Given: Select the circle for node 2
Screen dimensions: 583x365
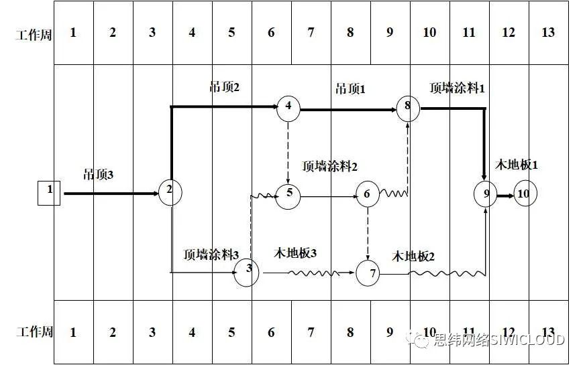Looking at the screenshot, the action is point(170,192).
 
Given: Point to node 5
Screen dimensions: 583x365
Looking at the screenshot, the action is point(288,194).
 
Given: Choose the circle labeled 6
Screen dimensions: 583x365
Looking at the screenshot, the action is point(367,194).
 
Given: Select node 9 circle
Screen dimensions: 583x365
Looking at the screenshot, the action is point(485,194).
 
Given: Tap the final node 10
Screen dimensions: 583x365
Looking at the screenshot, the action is point(525,194).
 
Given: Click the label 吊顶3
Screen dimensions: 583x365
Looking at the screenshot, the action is point(99,175).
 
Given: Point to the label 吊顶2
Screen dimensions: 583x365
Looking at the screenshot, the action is point(225,86).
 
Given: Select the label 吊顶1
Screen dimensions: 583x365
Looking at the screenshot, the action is point(350,88).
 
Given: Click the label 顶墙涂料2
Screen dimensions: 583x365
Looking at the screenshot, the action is point(329,166).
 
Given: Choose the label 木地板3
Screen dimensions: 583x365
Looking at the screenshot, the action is point(295,253).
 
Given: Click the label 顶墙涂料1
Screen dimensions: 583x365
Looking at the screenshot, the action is point(457,88).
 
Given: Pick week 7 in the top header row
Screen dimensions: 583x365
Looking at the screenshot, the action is point(311,33).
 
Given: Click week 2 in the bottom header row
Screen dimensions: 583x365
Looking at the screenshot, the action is point(113,332).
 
